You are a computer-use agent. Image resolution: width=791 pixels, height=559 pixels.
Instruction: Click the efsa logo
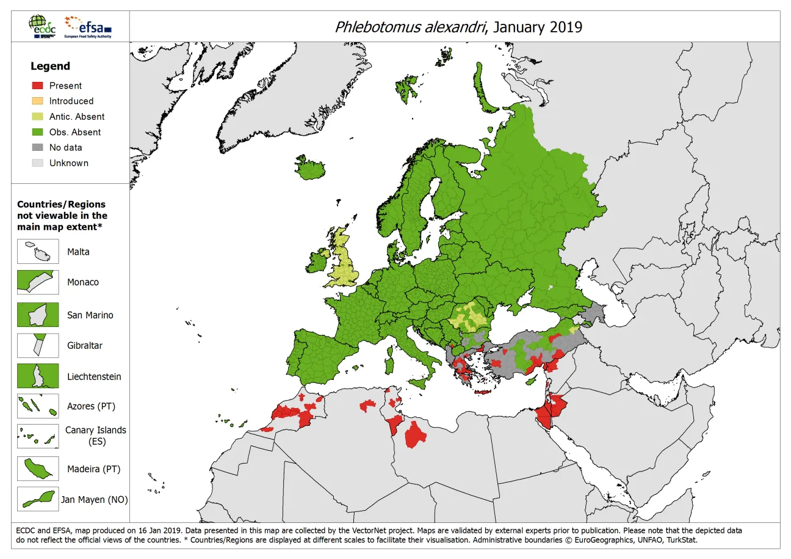click(x=89, y=26)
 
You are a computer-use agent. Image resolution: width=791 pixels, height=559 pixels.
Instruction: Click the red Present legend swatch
click(x=37, y=86)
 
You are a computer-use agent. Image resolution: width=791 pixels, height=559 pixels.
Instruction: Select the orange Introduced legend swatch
click(x=37, y=101)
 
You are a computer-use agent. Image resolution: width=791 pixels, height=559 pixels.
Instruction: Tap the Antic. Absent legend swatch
click(x=37, y=117)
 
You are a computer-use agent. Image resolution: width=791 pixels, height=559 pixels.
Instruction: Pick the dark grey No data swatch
click(x=37, y=147)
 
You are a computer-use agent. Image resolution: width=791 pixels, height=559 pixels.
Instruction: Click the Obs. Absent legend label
click(x=74, y=132)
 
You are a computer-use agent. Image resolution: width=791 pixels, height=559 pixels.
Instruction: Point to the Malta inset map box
click(x=38, y=252)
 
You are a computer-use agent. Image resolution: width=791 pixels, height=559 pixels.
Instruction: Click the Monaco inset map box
click(x=38, y=282)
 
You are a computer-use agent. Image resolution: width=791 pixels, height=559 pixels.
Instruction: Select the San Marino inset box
click(x=38, y=315)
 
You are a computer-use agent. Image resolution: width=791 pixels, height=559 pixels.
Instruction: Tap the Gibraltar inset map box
click(x=38, y=345)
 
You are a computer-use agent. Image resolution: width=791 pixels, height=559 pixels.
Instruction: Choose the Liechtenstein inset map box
click(x=38, y=376)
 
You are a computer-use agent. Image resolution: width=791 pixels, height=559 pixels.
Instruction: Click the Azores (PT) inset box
click(x=38, y=406)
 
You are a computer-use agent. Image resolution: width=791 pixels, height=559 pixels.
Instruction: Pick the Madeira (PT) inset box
click(x=38, y=469)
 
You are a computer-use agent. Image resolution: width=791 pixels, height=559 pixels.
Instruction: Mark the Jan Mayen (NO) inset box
click(x=38, y=499)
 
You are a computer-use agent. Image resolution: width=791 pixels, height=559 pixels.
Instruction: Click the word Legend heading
click(x=50, y=66)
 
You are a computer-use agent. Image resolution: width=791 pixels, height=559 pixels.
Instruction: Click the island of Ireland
click(x=317, y=261)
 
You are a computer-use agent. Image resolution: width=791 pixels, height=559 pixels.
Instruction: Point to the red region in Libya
click(x=416, y=434)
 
